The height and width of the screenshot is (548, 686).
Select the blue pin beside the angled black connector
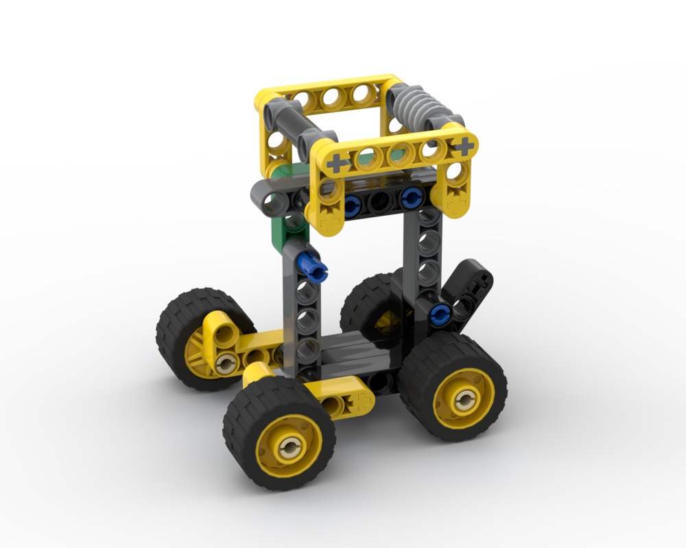click(x=439, y=314)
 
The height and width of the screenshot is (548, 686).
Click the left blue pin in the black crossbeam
click(x=353, y=203)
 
